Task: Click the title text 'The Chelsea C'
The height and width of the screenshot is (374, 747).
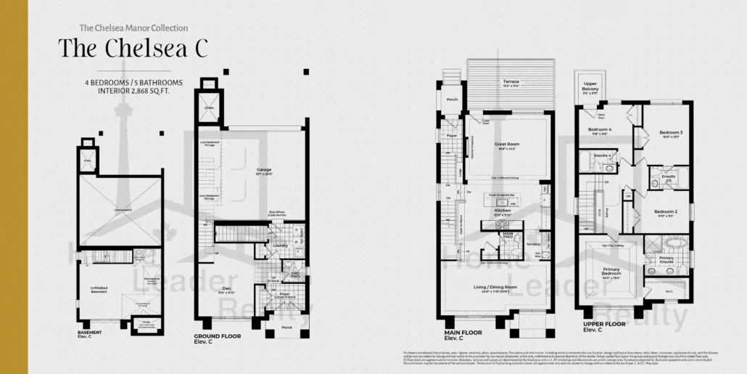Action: pyautogui.click(x=133, y=47)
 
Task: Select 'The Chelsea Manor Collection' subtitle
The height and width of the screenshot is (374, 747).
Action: pyautogui.click(x=133, y=28)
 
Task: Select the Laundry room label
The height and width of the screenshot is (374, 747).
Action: pyautogui.click(x=281, y=245)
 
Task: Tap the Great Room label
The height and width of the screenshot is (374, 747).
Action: pyautogui.click(x=508, y=144)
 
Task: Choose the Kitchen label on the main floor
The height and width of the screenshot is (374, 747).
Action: pyautogui.click(x=503, y=210)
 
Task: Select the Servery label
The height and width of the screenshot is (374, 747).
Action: pyautogui.click(x=534, y=244)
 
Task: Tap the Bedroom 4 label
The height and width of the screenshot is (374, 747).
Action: pyautogui.click(x=600, y=131)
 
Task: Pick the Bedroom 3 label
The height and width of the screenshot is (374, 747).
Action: pyautogui.click(x=671, y=133)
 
